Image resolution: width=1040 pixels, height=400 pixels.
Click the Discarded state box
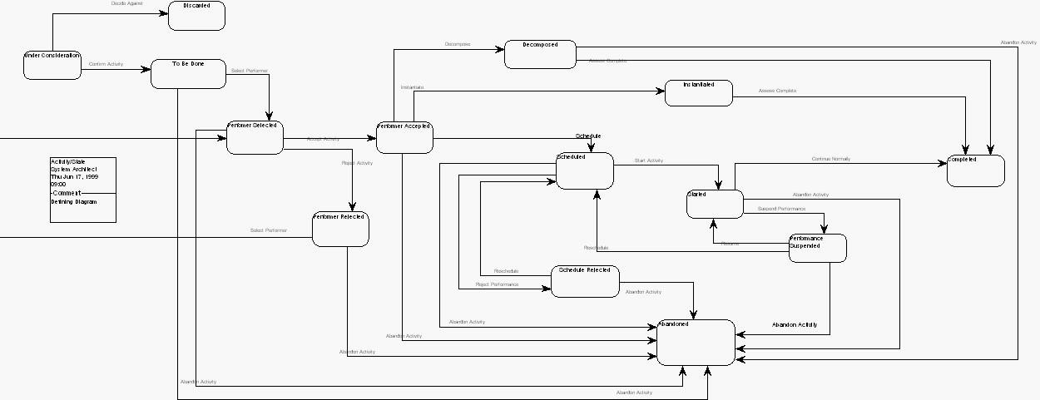click(196, 16)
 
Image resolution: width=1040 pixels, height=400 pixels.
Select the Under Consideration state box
click(52, 65)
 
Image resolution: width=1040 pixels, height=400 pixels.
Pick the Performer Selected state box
click(255, 137)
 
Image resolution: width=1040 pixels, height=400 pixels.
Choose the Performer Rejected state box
click(340, 229)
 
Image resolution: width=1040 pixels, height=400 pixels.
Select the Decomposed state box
click(540, 54)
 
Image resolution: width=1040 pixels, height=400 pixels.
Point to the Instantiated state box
click(698, 93)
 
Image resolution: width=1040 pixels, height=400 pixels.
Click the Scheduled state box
click(584, 170)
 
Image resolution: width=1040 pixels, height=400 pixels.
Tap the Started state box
click(715, 204)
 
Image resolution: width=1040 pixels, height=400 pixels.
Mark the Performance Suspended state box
click(817, 248)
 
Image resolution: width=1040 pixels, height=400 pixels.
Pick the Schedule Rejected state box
click(585, 281)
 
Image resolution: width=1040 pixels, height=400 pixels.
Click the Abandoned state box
click(696, 342)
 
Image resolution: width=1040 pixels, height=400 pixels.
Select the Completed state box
click(975, 170)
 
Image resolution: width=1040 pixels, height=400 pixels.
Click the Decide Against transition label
click(126, 4)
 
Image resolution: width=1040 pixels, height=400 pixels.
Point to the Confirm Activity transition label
click(106, 64)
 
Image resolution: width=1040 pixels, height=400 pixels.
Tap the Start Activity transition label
click(649, 160)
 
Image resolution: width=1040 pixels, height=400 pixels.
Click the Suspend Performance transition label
click(781, 209)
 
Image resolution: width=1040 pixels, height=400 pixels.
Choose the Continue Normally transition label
click(830, 159)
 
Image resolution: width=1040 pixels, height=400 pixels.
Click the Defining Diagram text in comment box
click(73, 202)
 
